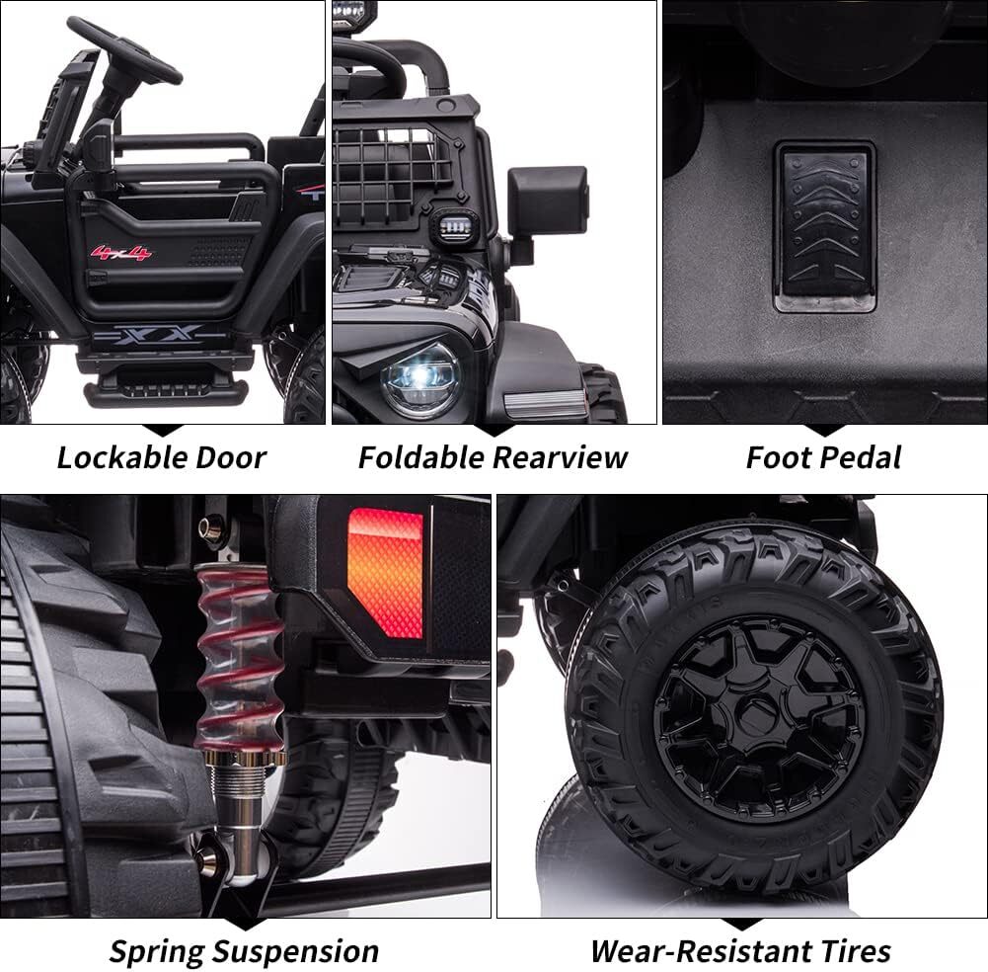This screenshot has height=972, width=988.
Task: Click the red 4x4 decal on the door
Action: (121, 253)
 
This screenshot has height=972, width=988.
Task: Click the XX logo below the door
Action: (158, 334)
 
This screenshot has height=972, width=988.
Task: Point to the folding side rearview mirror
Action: (548, 201)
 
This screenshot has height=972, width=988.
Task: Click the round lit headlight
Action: (420, 380)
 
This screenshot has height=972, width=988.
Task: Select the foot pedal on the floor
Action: (825, 226)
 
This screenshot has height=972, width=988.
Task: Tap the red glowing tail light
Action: (385, 573)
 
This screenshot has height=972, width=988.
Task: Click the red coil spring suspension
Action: (238, 657)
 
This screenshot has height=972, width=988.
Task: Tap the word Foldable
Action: (421, 457)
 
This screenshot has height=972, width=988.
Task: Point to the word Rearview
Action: (561, 457)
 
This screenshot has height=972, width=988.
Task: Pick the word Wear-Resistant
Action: (700, 951)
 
